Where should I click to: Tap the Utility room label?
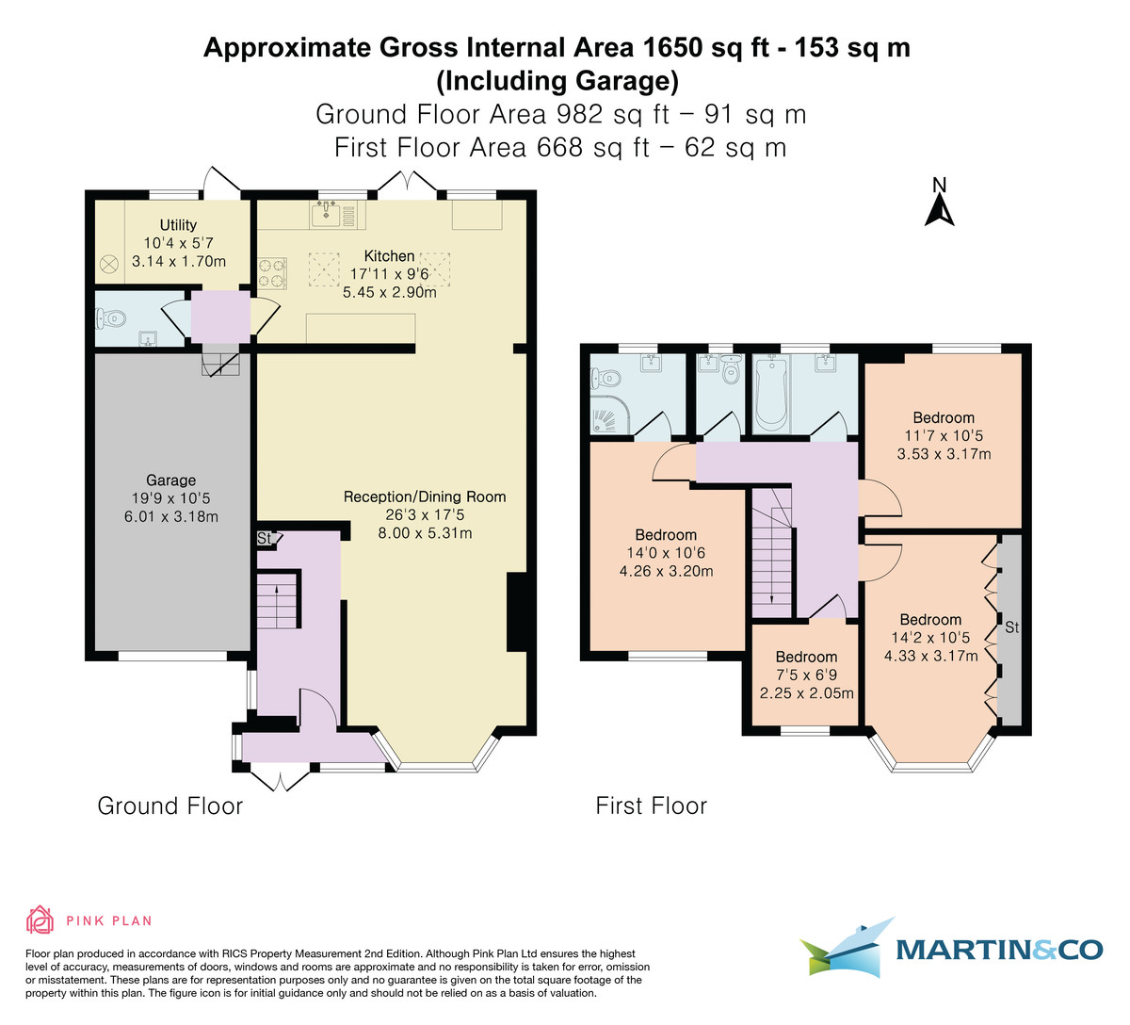tap(178, 225)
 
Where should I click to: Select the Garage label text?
tap(170, 480)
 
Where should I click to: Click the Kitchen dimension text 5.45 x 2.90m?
tap(390, 292)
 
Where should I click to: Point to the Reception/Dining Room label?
tap(424, 496)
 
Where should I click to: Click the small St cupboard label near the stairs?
tap(265, 539)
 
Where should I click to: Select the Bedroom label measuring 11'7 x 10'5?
tap(944, 417)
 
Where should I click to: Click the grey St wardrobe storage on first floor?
tap(1011, 626)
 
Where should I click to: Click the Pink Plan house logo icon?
tap(40, 919)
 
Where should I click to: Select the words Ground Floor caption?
tap(170, 806)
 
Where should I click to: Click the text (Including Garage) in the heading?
tap(557, 81)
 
